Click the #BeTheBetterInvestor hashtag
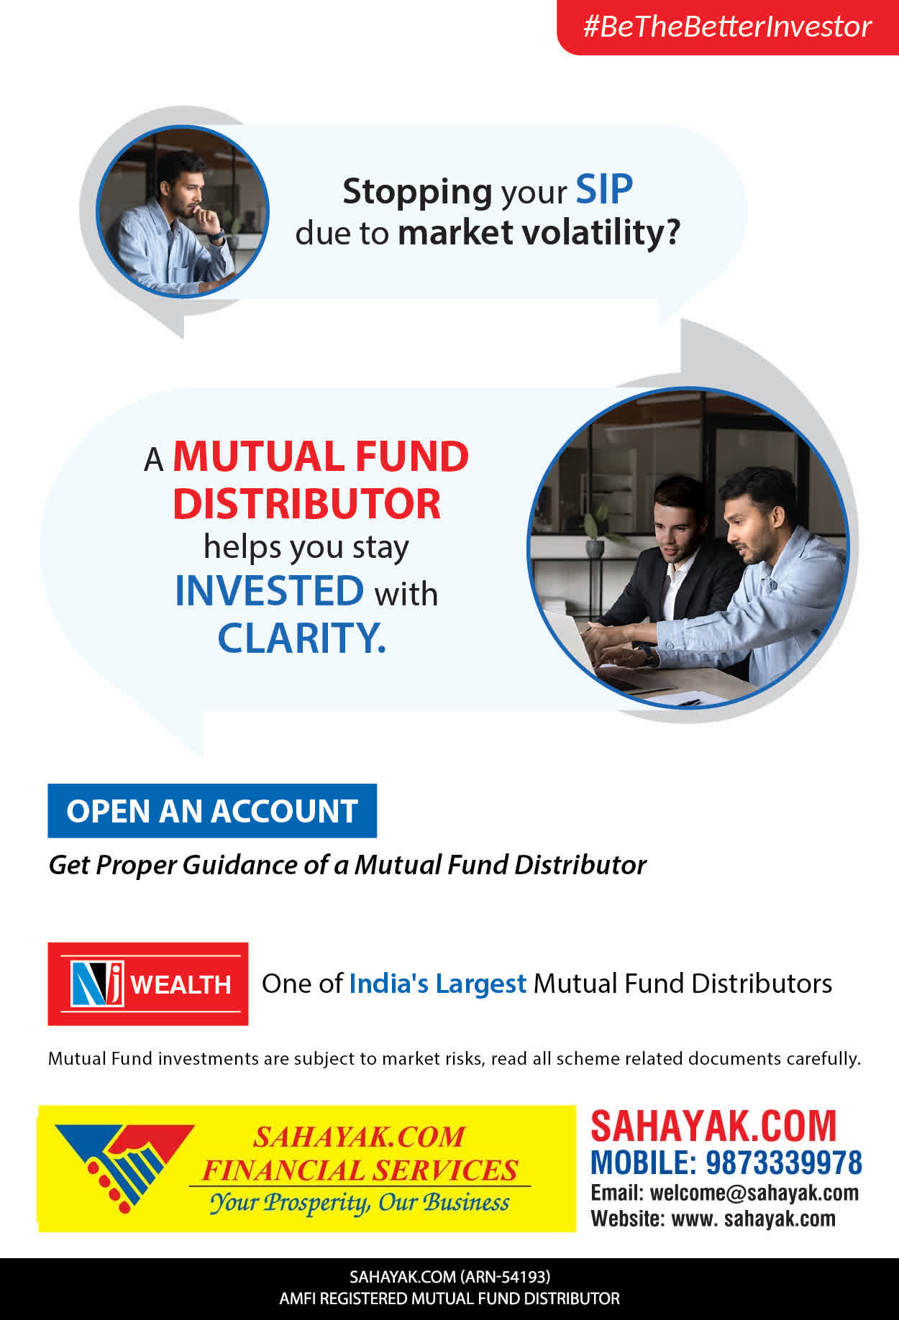[727, 27]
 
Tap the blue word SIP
[604, 190]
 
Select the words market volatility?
[539, 233]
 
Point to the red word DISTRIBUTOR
[306, 503]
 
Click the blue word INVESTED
[270, 590]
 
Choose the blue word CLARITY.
[301, 638]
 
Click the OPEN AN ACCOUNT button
[212, 811]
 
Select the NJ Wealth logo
[148, 984]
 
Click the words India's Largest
[437, 984]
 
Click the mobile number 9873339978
[783, 1163]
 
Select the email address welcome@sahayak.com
[754, 1193]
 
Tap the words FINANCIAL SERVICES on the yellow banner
[360, 1170]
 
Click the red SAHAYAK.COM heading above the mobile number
[713, 1126]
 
